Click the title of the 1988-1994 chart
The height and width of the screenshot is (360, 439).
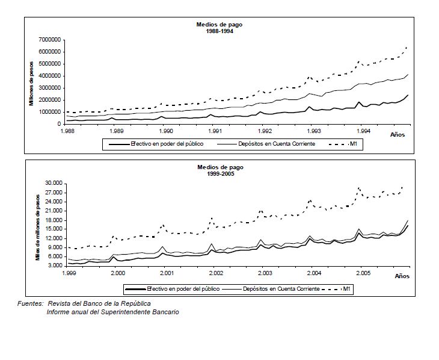(x=219, y=28)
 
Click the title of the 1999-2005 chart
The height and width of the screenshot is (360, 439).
(x=220, y=170)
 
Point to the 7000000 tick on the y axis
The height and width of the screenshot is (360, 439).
(x=49, y=40)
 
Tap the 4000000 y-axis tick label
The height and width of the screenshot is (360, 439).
(x=49, y=76)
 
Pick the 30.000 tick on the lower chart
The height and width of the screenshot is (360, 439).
(x=54, y=184)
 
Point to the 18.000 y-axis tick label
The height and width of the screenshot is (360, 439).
(x=54, y=220)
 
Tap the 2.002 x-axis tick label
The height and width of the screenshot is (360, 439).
(x=216, y=273)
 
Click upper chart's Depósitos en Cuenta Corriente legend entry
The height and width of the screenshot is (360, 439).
(x=266, y=144)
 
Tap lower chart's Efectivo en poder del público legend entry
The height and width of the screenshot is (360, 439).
(x=173, y=289)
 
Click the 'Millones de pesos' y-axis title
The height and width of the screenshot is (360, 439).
(x=31, y=84)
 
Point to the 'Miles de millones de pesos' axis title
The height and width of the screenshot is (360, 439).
(x=38, y=228)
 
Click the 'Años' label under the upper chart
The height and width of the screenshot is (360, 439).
(x=398, y=135)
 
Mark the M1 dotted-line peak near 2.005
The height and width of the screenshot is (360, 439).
(x=358, y=188)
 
